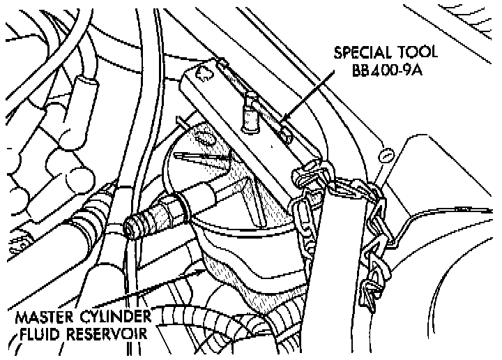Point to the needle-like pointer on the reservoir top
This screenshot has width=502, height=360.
coord(202,158)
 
